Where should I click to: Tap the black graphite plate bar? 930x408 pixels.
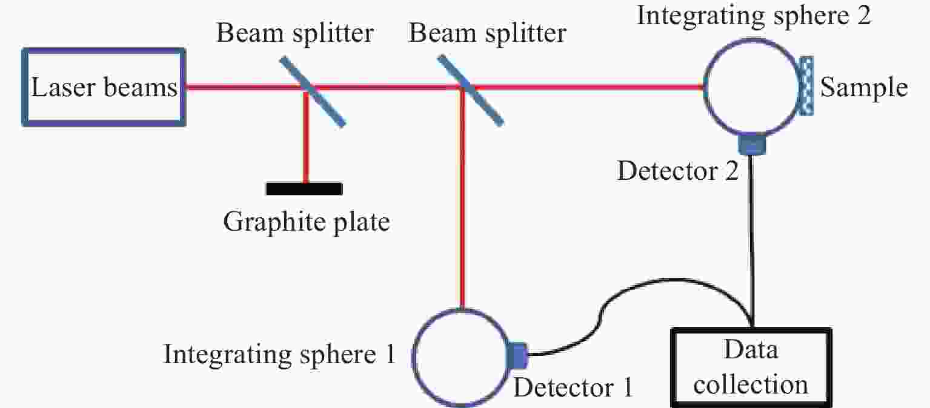(x=304, y=189)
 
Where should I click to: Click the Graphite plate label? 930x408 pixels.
(x=307, y=222)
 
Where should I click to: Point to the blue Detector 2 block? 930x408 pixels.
(x=752, y=145)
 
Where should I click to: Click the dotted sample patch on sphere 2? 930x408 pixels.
(x=806, y=86)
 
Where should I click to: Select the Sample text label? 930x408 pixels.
(x=864, y=88)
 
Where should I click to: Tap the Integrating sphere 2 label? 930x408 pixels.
(x=754, y=16)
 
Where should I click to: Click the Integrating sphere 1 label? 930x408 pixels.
(x=279, y=355)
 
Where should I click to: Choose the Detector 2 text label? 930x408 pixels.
(x=678, y=171)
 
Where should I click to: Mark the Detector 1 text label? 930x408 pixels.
(x=573, y=387)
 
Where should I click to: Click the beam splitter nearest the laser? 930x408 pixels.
(x=312, y=91)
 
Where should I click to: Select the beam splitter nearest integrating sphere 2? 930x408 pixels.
(x=471, y=90)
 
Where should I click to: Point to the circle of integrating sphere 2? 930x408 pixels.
(x=705, y=87)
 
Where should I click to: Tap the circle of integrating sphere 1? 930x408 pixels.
(x=413, y=357)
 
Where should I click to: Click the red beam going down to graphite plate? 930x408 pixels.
(x=306, y=137)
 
